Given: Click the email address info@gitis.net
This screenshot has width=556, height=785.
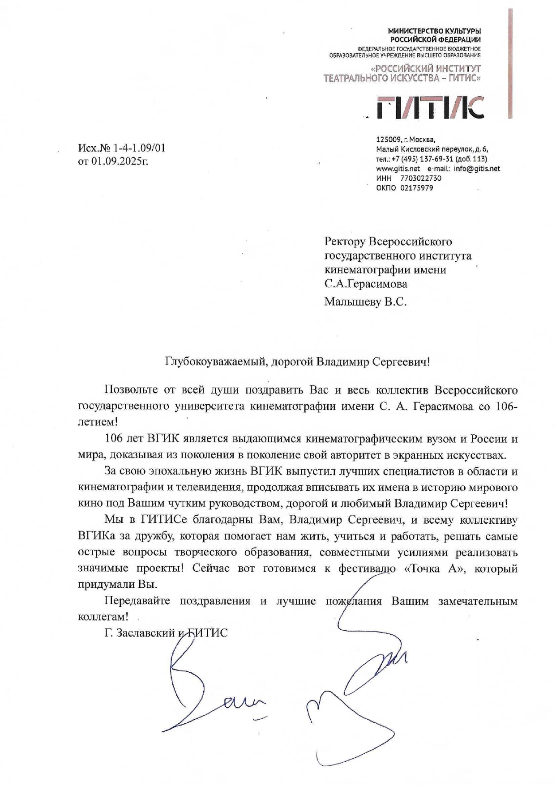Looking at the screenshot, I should point(477,169).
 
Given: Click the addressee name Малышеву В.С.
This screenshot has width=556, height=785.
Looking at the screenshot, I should point(365,302).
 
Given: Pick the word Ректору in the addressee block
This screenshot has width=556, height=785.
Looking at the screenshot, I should point(345,242).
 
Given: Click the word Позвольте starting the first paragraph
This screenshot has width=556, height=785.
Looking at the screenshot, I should point(129,389).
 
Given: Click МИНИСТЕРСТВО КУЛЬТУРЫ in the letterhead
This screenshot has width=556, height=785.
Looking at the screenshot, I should point(434,31).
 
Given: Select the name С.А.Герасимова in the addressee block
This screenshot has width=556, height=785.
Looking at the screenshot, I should point(366,284).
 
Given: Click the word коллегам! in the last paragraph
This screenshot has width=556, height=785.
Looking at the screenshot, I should point(103,616).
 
